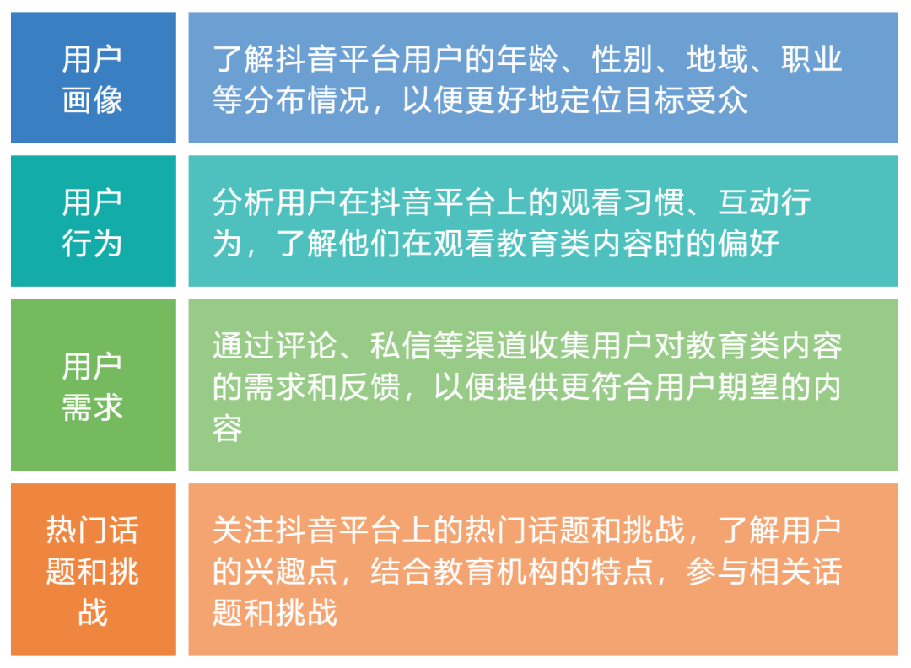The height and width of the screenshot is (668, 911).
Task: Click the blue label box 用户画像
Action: (x=93, y=78)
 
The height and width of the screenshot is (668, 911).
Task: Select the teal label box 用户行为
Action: (x=93, y=222)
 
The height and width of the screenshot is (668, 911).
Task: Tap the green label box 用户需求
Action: (x=93, y=385)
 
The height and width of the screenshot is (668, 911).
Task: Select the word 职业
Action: (x=811, y=60)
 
